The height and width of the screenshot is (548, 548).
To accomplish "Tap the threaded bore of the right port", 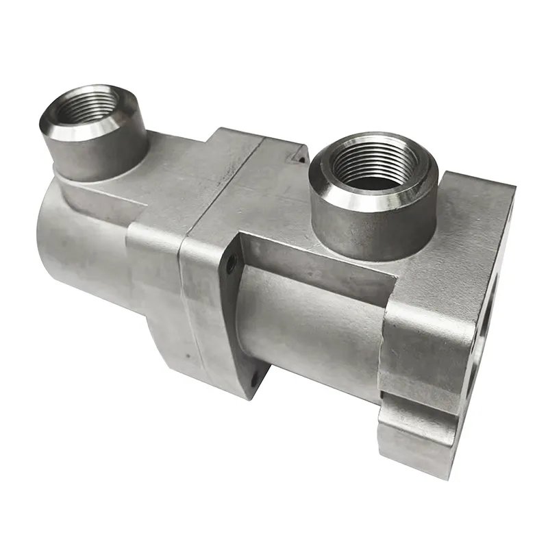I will coord(371,164).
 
